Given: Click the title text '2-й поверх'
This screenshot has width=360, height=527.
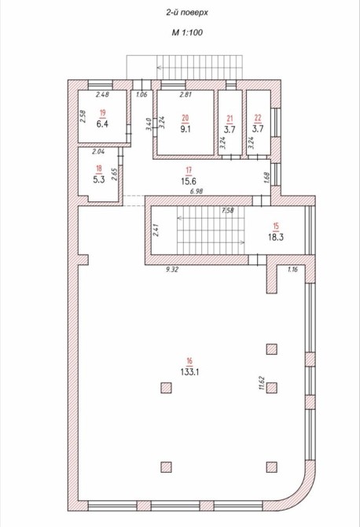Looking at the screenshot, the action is coord(187,13).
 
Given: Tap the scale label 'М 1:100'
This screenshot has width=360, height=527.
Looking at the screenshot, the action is coord(187,32).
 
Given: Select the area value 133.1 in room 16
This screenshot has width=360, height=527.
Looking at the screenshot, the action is coord(189,372).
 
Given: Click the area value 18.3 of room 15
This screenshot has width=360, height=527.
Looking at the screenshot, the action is coord(276,237).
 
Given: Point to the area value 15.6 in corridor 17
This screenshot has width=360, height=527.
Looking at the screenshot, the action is coord(189,181).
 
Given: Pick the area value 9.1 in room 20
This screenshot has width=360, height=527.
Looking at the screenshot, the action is coord(186,129).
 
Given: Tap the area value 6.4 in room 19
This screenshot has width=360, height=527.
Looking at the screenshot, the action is coord(102,123).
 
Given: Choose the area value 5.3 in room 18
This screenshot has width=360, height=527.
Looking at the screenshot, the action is coord(99,179).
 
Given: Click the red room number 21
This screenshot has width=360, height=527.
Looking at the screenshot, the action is coord(230,118).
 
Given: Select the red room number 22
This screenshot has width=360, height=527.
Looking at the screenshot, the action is coord(258,118).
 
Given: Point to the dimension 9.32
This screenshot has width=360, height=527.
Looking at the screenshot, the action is coord(172,269).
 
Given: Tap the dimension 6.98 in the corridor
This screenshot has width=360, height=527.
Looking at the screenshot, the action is coord(197,191).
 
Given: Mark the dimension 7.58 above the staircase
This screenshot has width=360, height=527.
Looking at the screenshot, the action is coord(228,210).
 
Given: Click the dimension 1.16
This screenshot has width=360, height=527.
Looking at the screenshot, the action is coord(292,269).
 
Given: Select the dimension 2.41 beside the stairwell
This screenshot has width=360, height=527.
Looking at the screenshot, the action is coord(156,230).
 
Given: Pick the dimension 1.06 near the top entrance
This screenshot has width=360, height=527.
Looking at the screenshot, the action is coord(141,94).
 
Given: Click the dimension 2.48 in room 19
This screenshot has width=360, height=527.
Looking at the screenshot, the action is coord(102,94).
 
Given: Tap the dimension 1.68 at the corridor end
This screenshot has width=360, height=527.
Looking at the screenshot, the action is coord(267,178).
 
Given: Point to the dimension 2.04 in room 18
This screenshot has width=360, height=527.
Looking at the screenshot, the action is coord(98,152).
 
